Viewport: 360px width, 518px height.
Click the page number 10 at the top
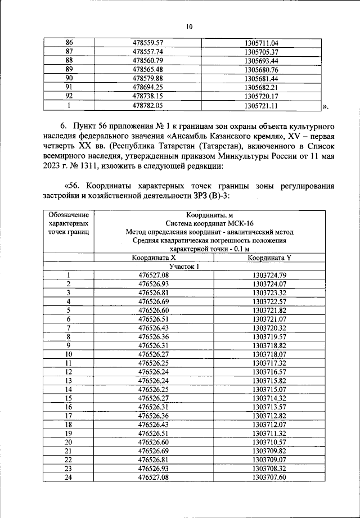189,26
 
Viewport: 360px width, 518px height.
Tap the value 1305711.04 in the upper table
262,43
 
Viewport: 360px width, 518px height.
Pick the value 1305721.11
262,105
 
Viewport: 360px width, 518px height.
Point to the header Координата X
154,258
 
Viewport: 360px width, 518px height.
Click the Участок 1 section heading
183,266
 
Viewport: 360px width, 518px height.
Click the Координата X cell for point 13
154,381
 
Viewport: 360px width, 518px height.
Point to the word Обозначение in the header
69,214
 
